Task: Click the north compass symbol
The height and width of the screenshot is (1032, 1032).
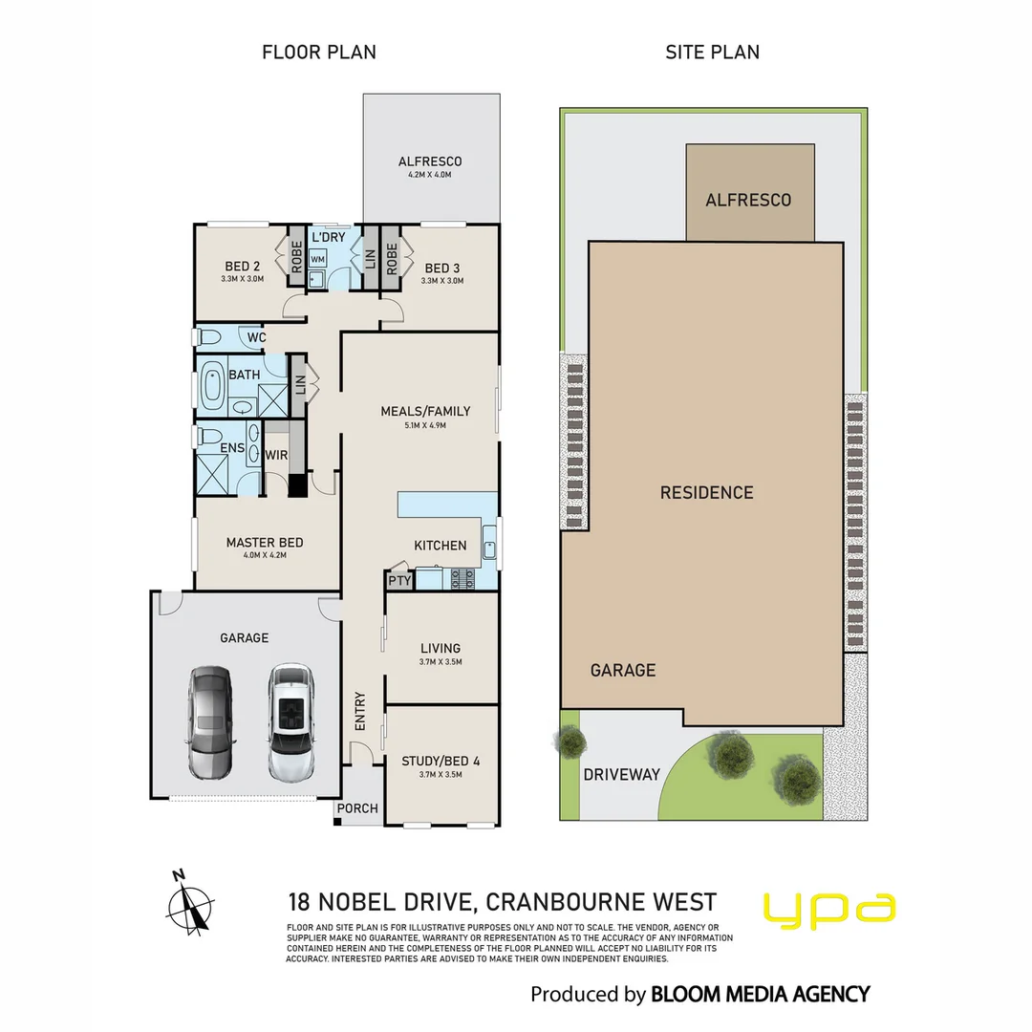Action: pyautogui.click(x=191, y=902)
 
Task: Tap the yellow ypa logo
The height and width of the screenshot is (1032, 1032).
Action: pyautogui.click(x=829, y=911)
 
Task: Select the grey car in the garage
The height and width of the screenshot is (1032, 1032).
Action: pyautogui.click(x=209, y=721)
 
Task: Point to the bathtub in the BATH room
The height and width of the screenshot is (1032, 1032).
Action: pyautogui.click(x=213, y=388)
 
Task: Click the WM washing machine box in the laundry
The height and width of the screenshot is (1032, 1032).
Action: pyautogui.click(x=317, y=259)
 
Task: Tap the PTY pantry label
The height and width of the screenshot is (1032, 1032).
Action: pyautogui.click(x=398, y=580)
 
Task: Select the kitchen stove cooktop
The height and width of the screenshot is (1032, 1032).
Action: pyautogui.click(x=462, y=577)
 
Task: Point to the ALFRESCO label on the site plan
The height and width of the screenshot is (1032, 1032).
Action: pyautogui.click(x=748, y=200)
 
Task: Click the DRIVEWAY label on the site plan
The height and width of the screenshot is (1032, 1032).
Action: pyautogui.click(x=622, y=774)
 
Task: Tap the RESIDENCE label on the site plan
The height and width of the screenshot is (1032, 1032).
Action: pyautogui.click(x=707, y=493)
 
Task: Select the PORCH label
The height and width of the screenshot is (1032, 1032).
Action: pyautogui.click(x=359, y=808)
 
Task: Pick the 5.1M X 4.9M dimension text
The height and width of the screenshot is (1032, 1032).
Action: pyautogui.click(x=426, y=425)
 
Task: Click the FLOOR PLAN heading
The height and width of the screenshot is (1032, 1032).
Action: pyautogui.click(x=319, y=53)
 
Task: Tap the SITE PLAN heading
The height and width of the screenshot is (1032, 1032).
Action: pyautogui.click(x=713, y=53)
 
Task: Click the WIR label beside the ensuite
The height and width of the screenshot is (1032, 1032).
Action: pyautogui.click(x=277, y=456)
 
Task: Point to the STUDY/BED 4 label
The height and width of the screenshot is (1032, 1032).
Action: pyautogui.click(x=441, y=762)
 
